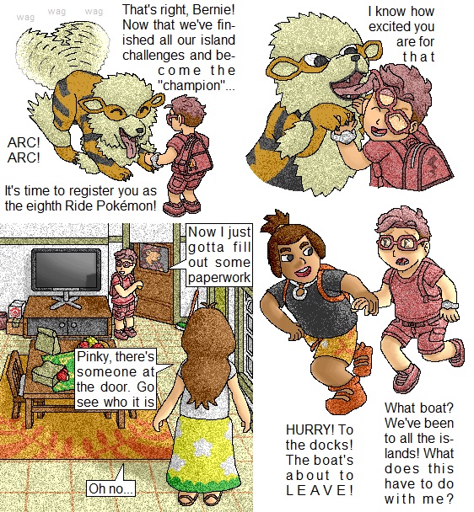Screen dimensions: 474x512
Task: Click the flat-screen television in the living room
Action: click(x=66, y=269)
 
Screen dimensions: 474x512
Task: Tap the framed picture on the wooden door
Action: click(x=154, y=258)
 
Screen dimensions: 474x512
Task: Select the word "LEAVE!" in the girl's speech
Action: click(x=320, y=490)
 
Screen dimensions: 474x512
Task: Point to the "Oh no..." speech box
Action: click(x=111, y=488)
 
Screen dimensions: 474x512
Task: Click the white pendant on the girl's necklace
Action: click(x=299, y=291)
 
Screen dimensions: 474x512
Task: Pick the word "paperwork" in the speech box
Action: click(x=219, y=278)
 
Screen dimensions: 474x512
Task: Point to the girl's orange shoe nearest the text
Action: click(x=346, y=394)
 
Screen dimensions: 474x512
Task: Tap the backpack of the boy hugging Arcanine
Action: click(x=425, y=163)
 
